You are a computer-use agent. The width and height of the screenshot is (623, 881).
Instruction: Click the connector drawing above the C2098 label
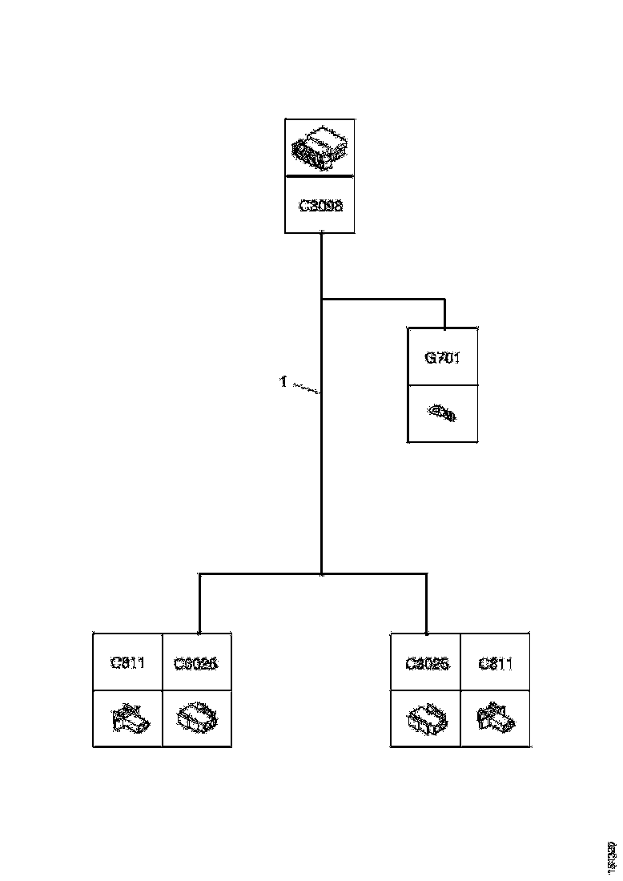point(320,147)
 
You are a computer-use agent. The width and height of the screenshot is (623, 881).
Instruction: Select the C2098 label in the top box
point(320,205)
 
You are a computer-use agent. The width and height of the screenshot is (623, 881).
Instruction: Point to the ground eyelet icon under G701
point(442,413)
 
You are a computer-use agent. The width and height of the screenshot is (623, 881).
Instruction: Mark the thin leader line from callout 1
point(303,388)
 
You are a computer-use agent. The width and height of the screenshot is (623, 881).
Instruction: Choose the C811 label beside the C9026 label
point(127,662)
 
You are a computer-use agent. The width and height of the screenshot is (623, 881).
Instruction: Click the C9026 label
point(196,663)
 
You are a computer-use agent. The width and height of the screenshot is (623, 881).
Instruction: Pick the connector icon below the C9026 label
point(197,718)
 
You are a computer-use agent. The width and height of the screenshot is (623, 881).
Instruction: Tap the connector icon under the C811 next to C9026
point(128,718)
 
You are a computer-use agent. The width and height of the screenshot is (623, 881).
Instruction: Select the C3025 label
point(427,663)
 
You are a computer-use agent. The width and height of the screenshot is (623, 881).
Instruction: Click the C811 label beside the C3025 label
point(495,663)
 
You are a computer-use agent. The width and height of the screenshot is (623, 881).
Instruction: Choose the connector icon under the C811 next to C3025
point(495,718)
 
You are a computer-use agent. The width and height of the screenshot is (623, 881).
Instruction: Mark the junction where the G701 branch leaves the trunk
point(321,300)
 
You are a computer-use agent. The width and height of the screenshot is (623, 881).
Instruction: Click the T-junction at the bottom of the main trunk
point(321,574)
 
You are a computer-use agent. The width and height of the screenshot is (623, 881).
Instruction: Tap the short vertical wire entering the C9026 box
point(199,605)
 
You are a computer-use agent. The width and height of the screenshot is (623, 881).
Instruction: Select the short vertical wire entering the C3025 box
point(426,605)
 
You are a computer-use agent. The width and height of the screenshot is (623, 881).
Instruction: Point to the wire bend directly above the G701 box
point(444,301)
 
